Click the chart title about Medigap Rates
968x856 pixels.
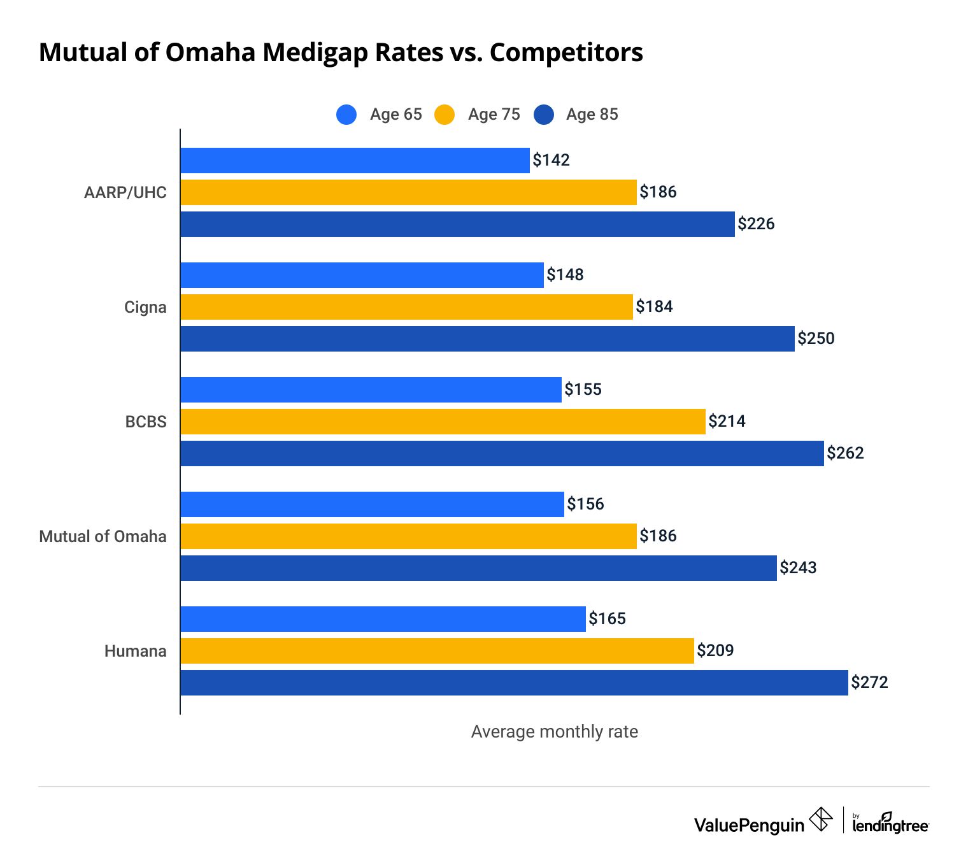click(x=341, y=52)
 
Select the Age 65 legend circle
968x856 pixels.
click(x=346, y=115)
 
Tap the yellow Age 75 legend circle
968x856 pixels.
click(x=445, y=115)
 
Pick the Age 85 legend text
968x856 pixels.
click(x=592, y=115)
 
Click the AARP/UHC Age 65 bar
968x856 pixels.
click(x=355, y=160)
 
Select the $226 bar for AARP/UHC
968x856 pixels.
click(x=457, y=224)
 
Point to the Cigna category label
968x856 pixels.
click(x=145, y=307)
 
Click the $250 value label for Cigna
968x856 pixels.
click(x=816, y=338)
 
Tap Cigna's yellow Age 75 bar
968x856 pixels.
click(x=406, y=307)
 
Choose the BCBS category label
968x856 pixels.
click(x=146, y=422)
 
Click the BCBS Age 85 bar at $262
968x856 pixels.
click(x=502, y=453)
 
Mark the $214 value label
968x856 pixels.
click(x=727, y=421)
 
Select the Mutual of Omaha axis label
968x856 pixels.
click(x=103, y=536)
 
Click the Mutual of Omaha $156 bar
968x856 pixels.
click(x=372, y=504)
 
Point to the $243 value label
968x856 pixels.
click(x=798, y=567)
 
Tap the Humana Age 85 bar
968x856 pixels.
click(x=514, y=683)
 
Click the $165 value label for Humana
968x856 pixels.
click(x=607, y=618)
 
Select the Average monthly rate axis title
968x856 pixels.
click(x=554, y=732)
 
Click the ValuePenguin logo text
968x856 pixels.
click(x=749, y=825)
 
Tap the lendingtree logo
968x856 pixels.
click(x=890, y=823)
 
